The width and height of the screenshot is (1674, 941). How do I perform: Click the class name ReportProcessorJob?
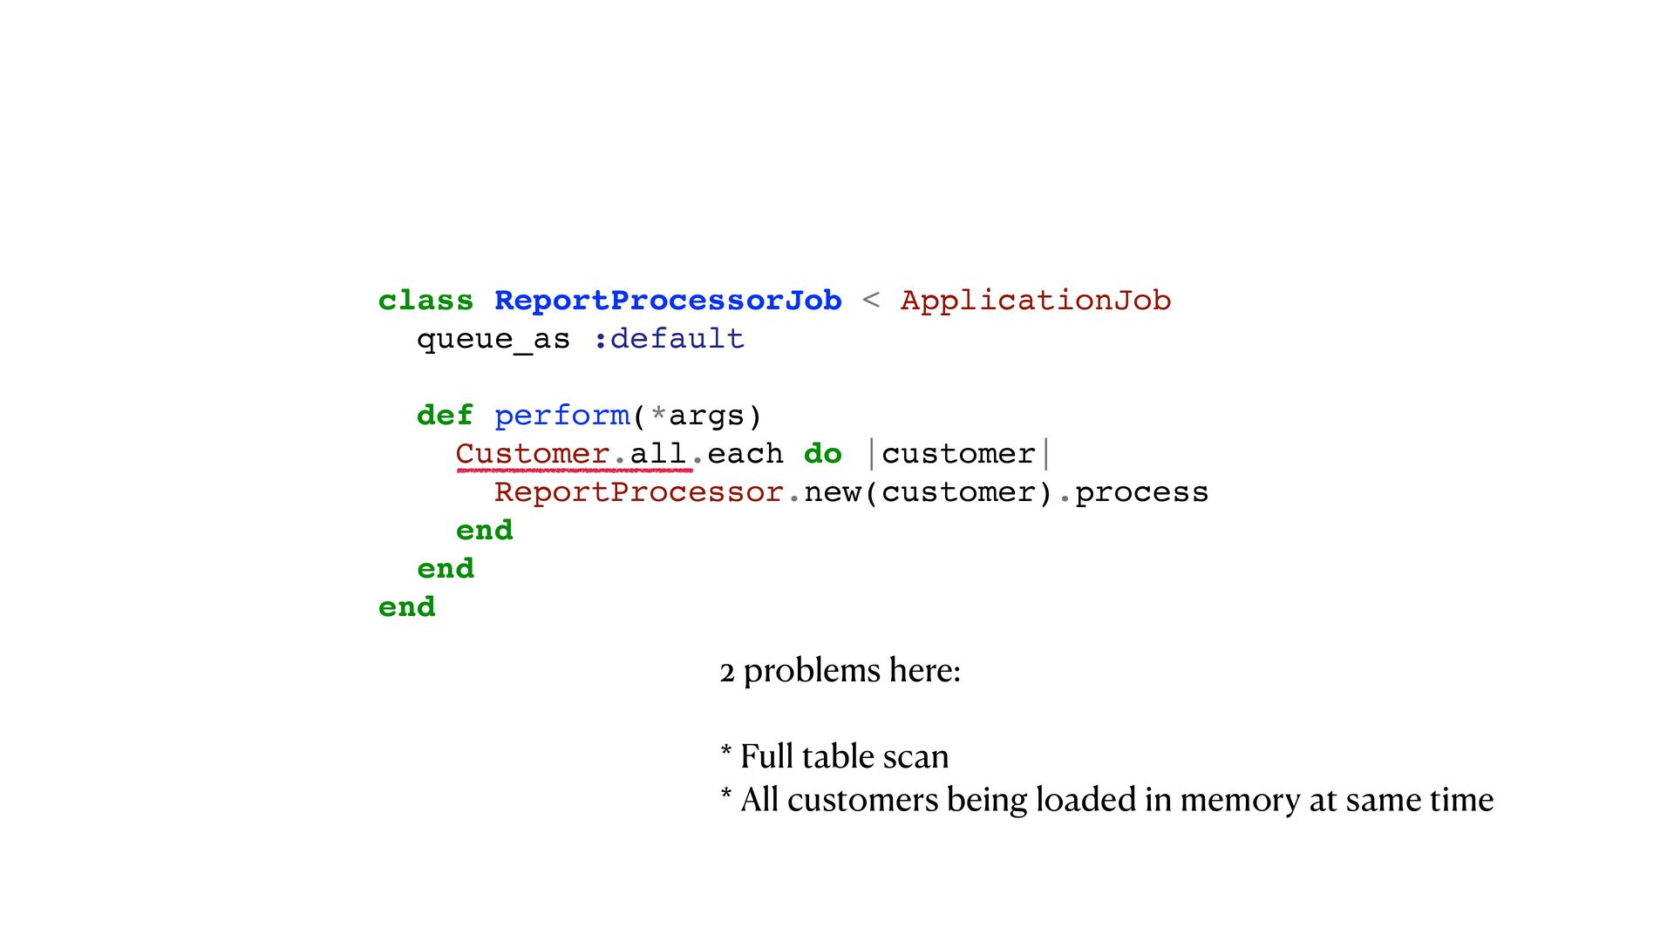[668, 301]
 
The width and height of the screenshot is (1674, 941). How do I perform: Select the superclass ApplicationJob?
[1036, 301]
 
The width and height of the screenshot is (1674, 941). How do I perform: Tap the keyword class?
[425, 301]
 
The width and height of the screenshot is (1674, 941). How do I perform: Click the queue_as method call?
[493, 339]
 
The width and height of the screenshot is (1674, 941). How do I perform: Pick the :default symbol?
[669, 339]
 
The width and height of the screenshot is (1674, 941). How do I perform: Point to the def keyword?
[445, 416]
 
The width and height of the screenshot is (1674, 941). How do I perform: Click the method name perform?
[562, 416]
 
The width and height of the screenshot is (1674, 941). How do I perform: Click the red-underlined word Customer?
[533, 454]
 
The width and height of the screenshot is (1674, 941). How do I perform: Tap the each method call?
[745, 454]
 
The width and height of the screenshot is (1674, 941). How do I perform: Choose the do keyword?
[823, 454]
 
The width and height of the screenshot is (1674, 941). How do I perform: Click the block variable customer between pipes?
[958, 454]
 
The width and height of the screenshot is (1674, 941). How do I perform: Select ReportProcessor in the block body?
[639, 492]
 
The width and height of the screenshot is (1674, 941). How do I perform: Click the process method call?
[1141, 492]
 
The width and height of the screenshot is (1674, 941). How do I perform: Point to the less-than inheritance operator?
[871, 301]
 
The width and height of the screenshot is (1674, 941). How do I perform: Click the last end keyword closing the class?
[406, 607]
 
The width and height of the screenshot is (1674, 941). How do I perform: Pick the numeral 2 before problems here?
[727, 672]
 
